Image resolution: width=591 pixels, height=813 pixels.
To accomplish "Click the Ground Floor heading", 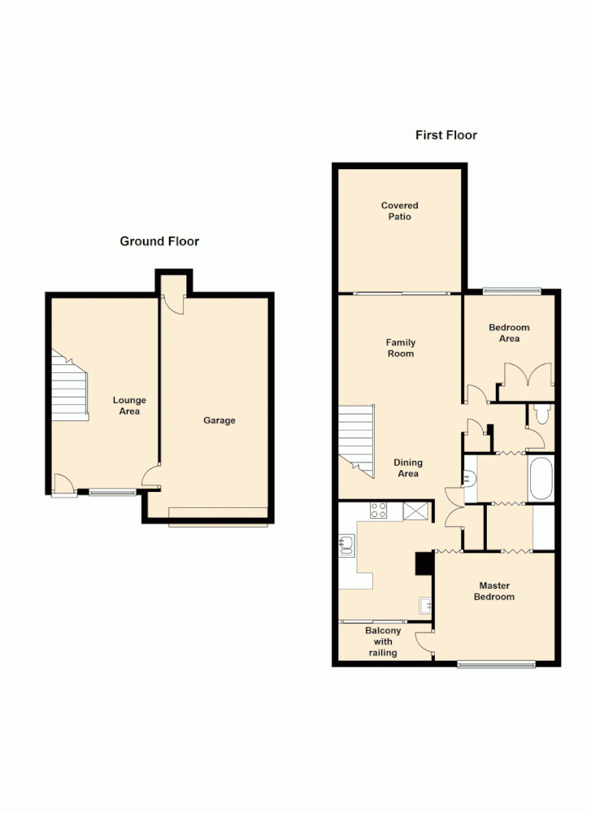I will click(x=159, y=241).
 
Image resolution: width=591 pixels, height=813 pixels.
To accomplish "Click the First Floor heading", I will click(x=446, y=135).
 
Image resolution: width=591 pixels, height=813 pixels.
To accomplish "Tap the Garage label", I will click(x=219, y=420).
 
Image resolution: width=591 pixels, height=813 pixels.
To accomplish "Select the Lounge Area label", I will click(x=129, y=406).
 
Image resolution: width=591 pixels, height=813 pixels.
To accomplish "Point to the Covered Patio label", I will click(x=400, y=211).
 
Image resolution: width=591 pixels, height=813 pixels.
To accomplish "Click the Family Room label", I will click(x=400, y=348).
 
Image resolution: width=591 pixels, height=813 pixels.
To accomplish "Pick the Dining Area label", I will click(x=408, y=468).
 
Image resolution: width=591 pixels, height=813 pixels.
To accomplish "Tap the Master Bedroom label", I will click(x=496, y=591).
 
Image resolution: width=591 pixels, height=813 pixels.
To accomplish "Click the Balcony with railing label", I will click(x=383, y=641).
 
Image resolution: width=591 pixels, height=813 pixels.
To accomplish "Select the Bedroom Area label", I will click(x=509, y=333).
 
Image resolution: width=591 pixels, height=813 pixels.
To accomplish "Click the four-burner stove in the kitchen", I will click(x=379, y=511).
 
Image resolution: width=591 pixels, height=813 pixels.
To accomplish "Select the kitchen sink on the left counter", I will click(x=347, y=545).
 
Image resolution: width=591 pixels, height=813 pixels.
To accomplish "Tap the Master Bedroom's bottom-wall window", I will click(x=496, y=664).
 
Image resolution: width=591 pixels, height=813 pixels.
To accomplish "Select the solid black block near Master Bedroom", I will click(x=424, y=563).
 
